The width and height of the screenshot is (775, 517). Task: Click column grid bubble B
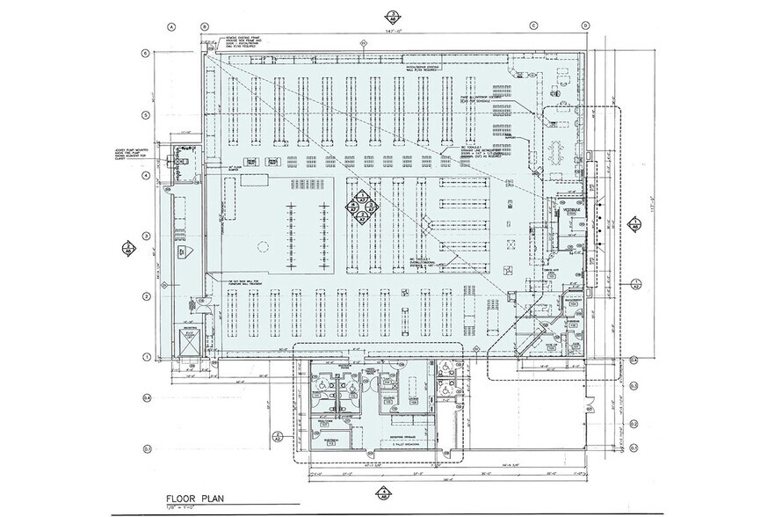pos(205,26)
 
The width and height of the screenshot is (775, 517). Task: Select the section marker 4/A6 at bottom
pos(382,492)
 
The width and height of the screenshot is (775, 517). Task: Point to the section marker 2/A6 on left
pos(128,246)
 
